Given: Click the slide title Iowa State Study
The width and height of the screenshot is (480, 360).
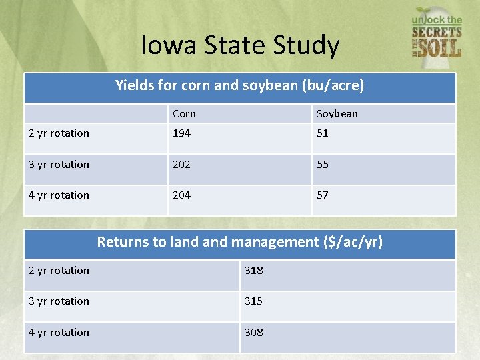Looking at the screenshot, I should tap(240, 45).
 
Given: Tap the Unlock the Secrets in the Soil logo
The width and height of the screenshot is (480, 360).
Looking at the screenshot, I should tap(437, 33).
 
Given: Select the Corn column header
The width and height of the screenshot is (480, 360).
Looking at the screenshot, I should tap(184, 114).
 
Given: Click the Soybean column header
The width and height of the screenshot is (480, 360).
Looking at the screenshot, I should tap(337, 114).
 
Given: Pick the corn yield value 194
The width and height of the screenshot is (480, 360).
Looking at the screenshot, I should tap(181, 133).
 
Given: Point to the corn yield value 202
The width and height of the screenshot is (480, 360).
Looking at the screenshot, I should tap(181, 165).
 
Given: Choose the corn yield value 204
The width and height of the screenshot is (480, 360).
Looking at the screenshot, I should tap(181, 195).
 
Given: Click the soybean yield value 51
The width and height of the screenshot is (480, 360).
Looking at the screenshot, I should tap(323, 133).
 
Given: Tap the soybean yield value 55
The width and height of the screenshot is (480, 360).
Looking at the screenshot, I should tap(323, 165).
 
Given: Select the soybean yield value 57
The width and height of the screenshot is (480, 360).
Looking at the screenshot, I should tap(323, 195).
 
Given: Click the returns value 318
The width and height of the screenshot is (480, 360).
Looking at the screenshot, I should tap(253, 271).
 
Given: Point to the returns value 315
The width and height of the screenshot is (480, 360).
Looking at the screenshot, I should tap(253, 301).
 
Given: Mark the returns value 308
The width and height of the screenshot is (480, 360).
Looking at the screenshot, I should tap(253, 333).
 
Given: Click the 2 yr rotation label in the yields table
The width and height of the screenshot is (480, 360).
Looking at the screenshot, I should tap(59, 133).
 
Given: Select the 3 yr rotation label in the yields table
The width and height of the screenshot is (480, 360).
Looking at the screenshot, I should tap(59, 165).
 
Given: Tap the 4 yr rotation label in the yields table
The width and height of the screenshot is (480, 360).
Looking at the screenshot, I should tap(59, 195).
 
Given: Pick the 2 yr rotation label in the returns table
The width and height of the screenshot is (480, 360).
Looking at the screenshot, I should tap(59, 271).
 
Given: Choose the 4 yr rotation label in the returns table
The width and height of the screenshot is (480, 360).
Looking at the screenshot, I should tap(59, 333).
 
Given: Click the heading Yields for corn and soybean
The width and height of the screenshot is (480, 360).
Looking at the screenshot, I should tap(240, 86).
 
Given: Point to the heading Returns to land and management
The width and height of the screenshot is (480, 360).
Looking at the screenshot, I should tap(240, 242).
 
